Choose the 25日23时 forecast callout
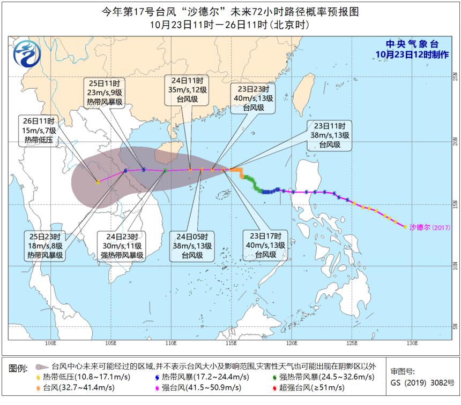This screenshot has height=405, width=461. [x=45, y=246]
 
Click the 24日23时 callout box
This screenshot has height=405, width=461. [x=121, y=246]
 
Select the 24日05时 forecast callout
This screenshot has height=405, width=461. [x=192, y=246]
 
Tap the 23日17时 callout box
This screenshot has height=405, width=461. [x=265, y=246]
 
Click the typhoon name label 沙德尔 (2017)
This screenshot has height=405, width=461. [x=429, y=227]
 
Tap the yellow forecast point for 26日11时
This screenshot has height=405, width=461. [x=98, y=182]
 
